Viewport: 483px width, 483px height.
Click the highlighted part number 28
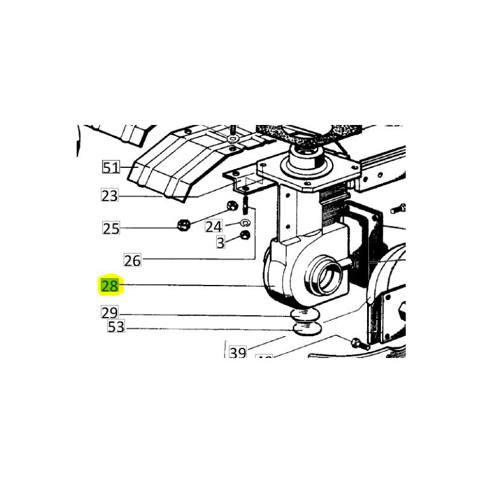coord(110,286)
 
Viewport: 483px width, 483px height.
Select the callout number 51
coord(110,167)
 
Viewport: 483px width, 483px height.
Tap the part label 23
coord(110,195)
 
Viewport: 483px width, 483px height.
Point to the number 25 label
coord(110,228)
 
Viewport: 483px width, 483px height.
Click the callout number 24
coord(214,226)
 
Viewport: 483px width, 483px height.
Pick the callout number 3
coord(220,242)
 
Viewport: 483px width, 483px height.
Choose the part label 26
coord(132,260)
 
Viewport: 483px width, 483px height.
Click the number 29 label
coord(110,313)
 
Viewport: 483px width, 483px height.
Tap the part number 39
coord(237,353)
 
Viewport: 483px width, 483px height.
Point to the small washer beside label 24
coord(245,223)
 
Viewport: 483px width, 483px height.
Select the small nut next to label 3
coord(245,235)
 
